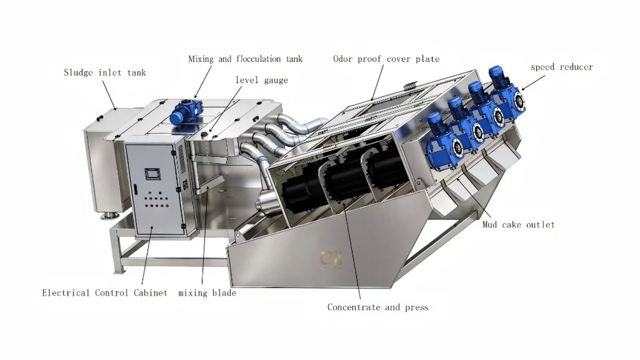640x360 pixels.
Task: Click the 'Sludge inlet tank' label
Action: point(105,72)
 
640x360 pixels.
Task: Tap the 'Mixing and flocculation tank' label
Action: point(246,59)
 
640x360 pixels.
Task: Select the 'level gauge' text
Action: point(262,80)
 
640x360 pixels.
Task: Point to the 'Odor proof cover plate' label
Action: point(386,59)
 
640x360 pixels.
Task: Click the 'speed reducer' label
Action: point(562,67)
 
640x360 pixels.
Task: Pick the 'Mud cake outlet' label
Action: point(518,224)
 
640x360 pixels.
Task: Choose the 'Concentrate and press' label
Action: point(378,308)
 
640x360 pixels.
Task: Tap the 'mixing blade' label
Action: point(208,293)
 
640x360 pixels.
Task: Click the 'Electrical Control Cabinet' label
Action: point(104,293)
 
